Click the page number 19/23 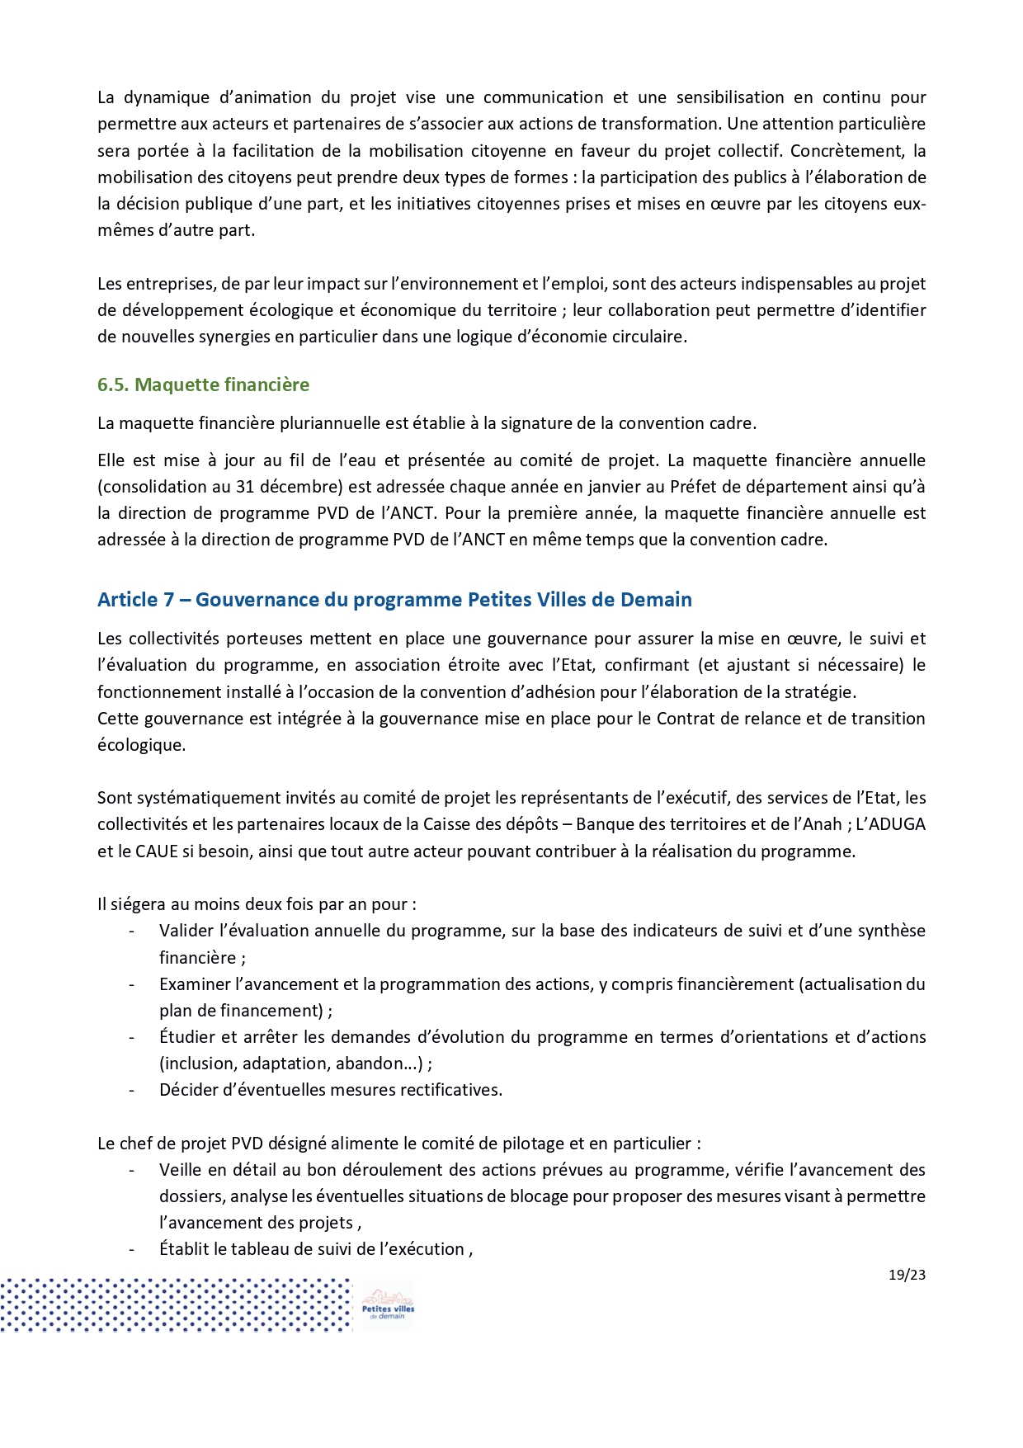click(907, 1275)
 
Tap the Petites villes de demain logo click(388, 1305)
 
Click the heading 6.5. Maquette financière click(203, 384)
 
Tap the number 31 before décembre click(245, 487)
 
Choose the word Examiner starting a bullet click(194, 984)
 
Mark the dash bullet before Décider click(132, 1090)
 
